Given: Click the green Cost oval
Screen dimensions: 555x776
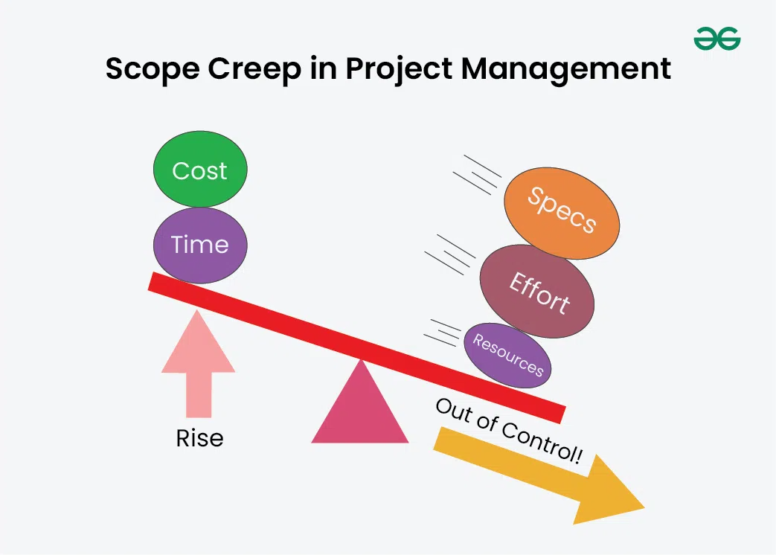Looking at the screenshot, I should click(x=200, y=170).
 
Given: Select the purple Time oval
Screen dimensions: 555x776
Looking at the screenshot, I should click(x=200, y=245).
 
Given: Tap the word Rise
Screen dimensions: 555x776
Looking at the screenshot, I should click(x=199, y=438).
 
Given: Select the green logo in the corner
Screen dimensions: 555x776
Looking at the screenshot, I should click(x=717, y=38).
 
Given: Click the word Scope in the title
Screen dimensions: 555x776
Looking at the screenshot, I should click(x=150, y=69).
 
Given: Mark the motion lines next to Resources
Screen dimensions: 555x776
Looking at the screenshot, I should click(x=444, y=333).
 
